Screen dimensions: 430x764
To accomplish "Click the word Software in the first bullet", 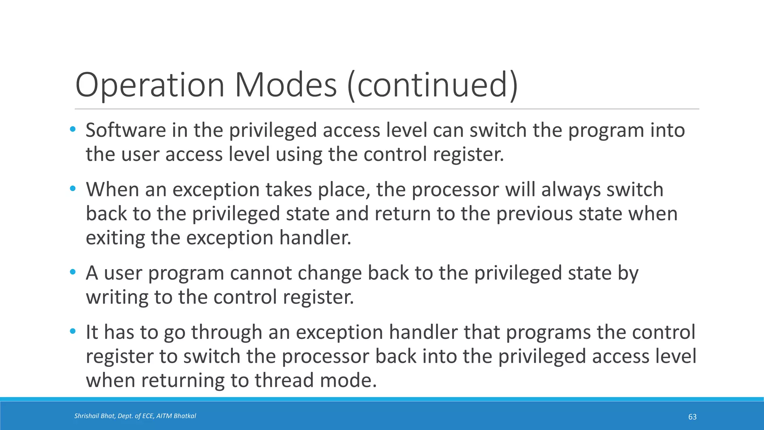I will (x=126, y=130).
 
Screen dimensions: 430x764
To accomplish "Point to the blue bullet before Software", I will (x=73, y=130).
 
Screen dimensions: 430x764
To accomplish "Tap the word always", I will (x=570, y=189).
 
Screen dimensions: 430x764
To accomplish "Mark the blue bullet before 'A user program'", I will (x=73, y=272).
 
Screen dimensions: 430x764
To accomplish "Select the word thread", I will (x=285, y=380).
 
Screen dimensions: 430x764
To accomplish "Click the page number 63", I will (x=692, y=417).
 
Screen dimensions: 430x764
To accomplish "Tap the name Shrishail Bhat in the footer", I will (x=94, y=416).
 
